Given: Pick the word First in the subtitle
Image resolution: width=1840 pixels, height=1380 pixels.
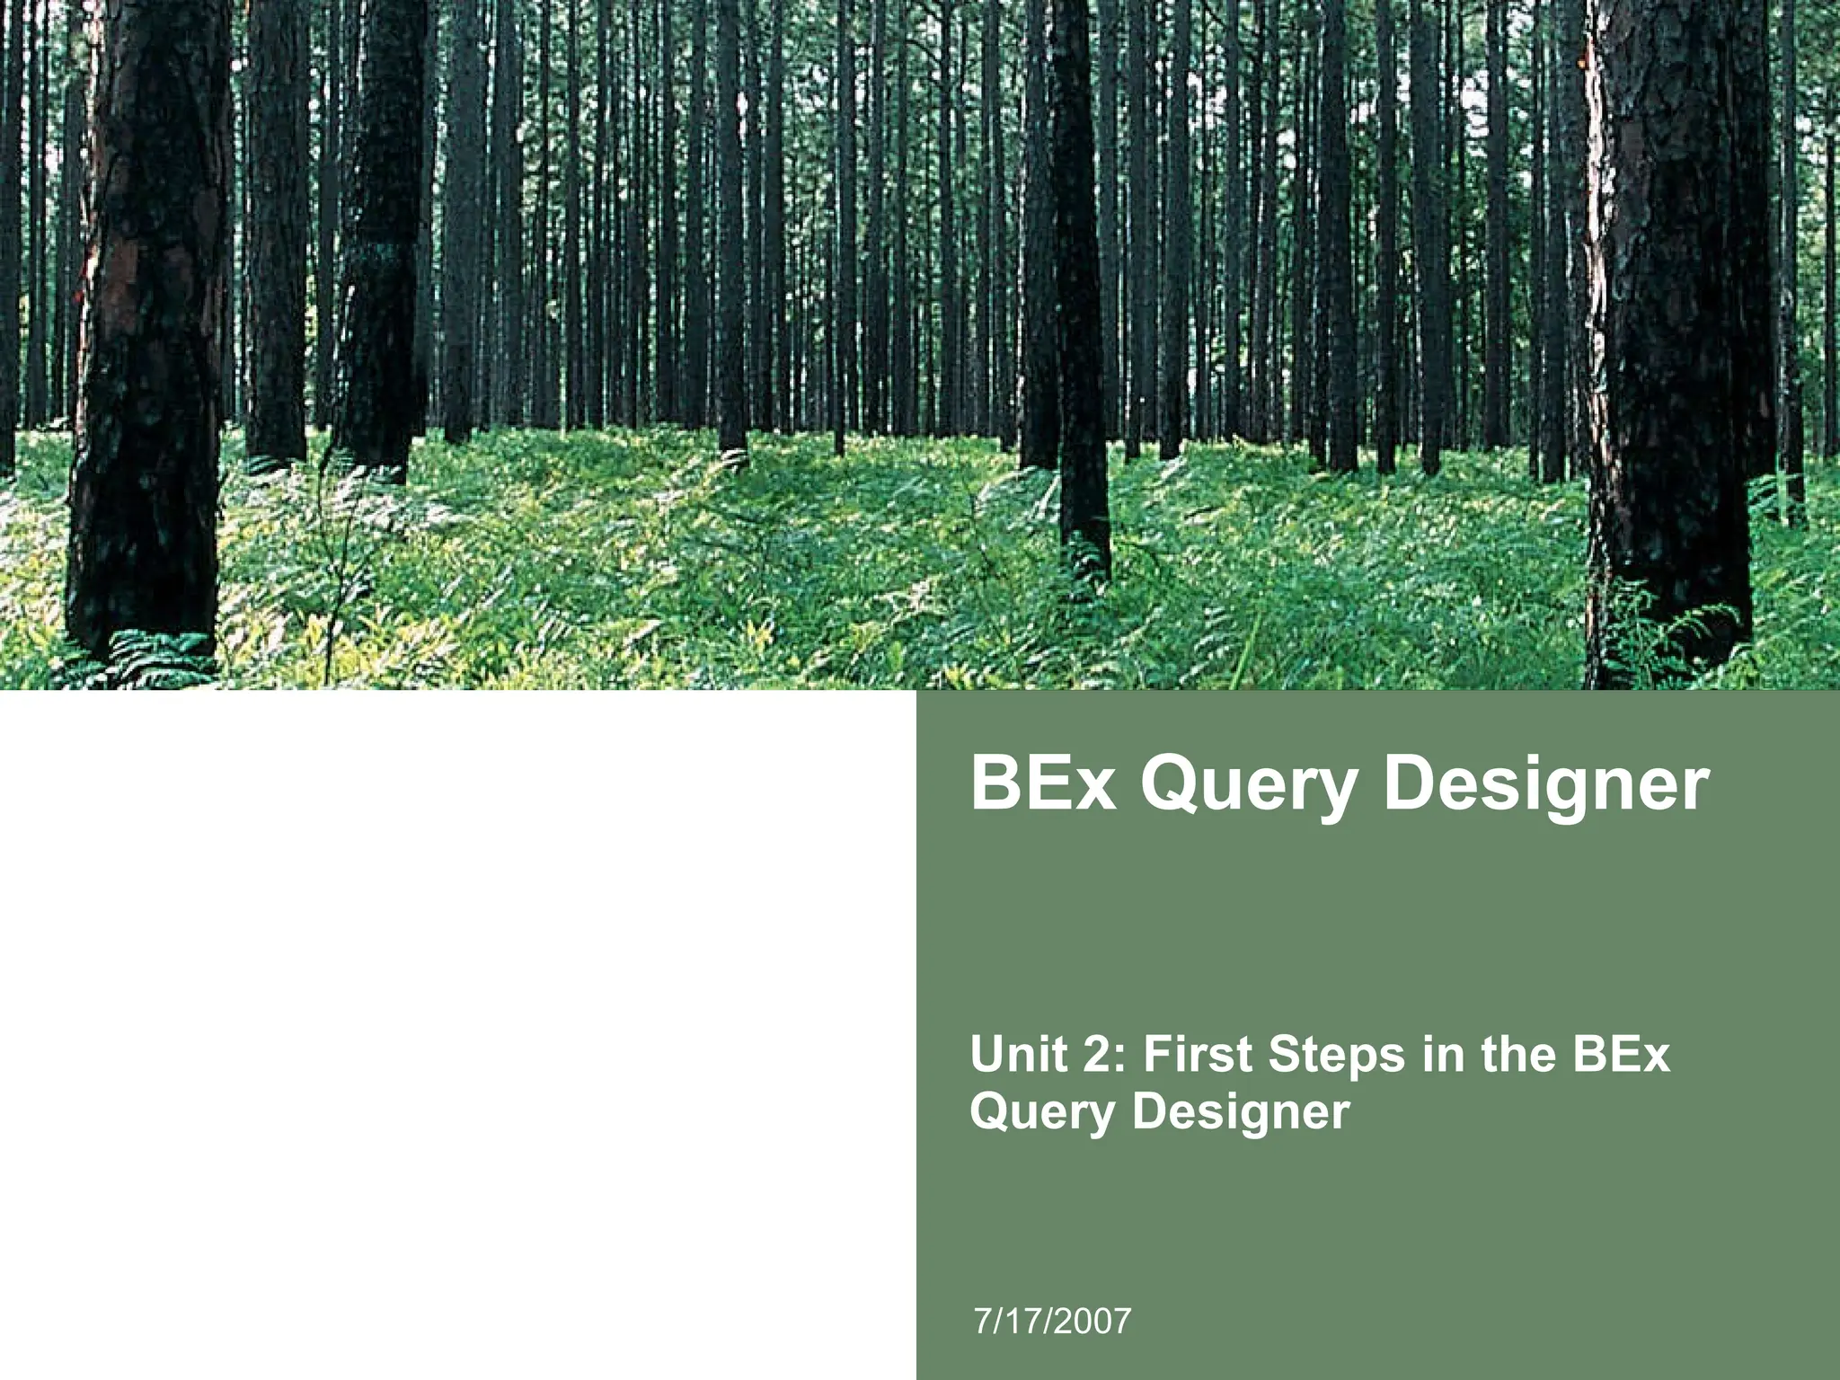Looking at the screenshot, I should (1196, 1055).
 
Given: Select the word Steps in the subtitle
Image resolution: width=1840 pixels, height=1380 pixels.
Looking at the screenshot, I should (1336, 1057).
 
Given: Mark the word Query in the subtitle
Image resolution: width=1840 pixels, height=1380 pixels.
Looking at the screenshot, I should (1044, 1114).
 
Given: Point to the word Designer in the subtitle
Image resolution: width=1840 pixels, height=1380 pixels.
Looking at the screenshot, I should (1241, 1114).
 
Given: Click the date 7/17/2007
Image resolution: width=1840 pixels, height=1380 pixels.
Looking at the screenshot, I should (1052, 1322).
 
